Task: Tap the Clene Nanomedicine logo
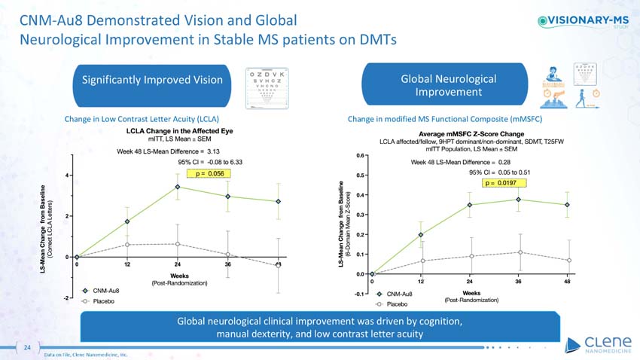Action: (603, 344)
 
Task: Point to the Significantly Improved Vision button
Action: (148, 80)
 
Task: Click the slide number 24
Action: (26, 347)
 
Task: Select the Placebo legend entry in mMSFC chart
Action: (396, 304)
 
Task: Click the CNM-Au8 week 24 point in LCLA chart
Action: (177, 187)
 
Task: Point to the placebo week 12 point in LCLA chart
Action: (127, 245)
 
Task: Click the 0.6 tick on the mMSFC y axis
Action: (363, 156)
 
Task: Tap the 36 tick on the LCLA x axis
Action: (228, 265)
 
